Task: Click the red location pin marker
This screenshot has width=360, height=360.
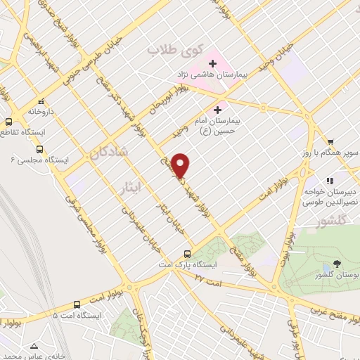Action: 181,165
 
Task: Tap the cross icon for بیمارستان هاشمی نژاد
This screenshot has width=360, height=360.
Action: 212,63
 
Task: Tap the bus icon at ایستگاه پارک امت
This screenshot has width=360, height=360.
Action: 187,254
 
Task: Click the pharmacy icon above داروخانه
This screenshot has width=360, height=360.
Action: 40,101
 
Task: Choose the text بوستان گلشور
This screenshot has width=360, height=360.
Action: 336,275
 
